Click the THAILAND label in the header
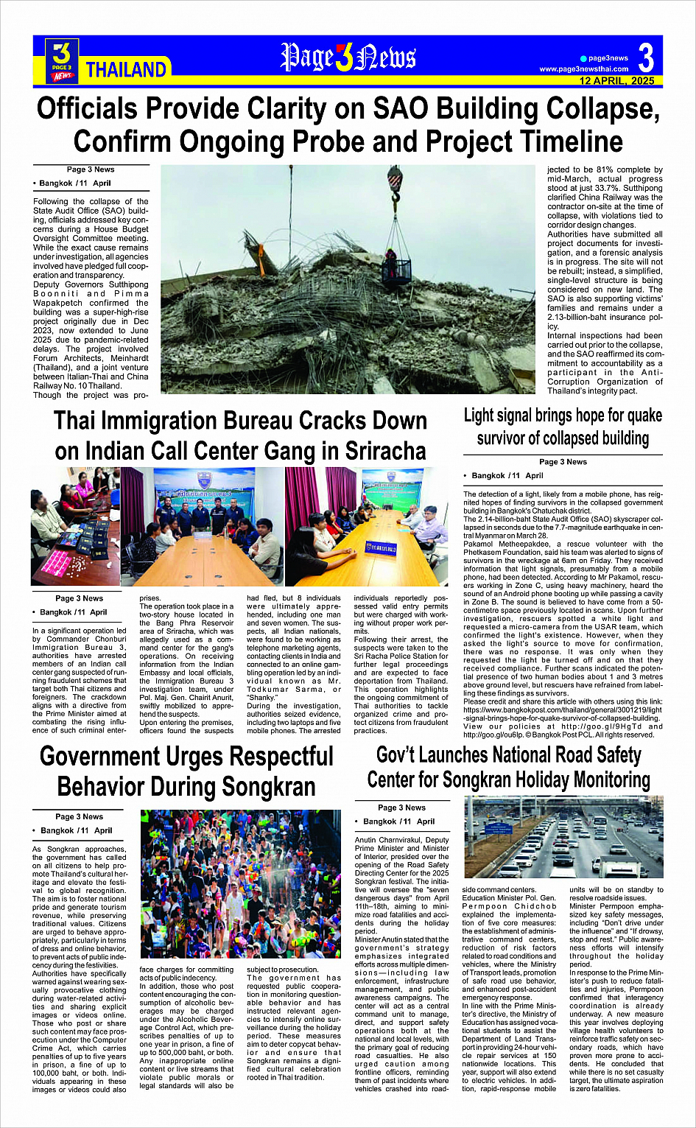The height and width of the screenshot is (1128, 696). pyautogui.click(x=126, y=70)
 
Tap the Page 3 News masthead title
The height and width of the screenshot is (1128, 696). pyautogui.click(x=348, y=58)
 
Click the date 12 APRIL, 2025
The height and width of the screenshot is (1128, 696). pyautogui.click(x=616, y=80)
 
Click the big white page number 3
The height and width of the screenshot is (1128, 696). pyautogui.click(x=646, y=57)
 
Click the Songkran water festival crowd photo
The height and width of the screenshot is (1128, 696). pyautogui.click(x=240, y=883)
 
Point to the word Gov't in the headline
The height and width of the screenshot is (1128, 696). pyautogui.click(x=402, y=755)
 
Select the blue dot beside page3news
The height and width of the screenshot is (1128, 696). pyautogui.click(x=583, y=58)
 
